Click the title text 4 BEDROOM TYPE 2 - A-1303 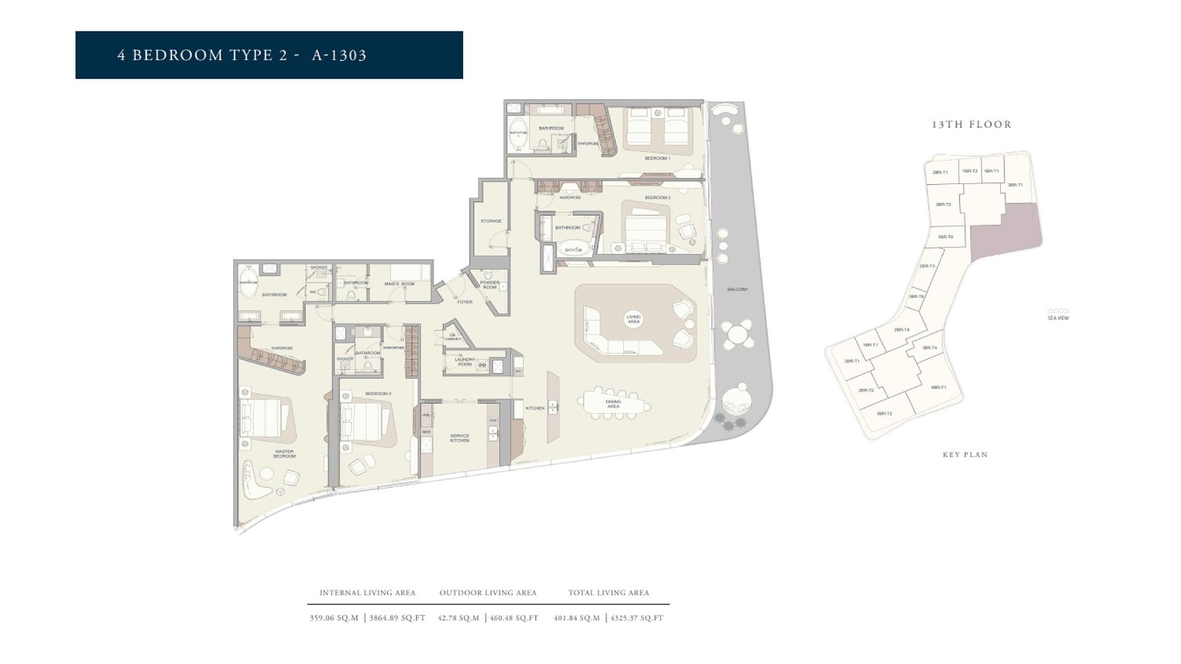(x=242, y=55)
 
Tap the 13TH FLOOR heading (x=971, y=124)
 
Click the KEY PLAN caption (x=965, y=455)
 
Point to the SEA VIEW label (x=1058, y=318)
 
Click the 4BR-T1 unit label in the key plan (x=938, y=388)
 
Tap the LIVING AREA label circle (x=634, y=319)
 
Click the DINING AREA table (x=613, y=404)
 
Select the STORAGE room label (x=491, y=221)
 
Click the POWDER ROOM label (x=490, y=285)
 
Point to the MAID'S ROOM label (x=399, y=284)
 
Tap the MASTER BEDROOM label (x=284, y=454)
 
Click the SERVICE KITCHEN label (x=459, y=438)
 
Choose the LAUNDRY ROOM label (x=464, y=362)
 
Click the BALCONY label (x=738, y=289)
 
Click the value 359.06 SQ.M (x=334, y=618)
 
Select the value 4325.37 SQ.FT (x=636, y=618)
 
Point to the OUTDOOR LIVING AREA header (x=488, y=593)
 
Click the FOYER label (x=464, y=302)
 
